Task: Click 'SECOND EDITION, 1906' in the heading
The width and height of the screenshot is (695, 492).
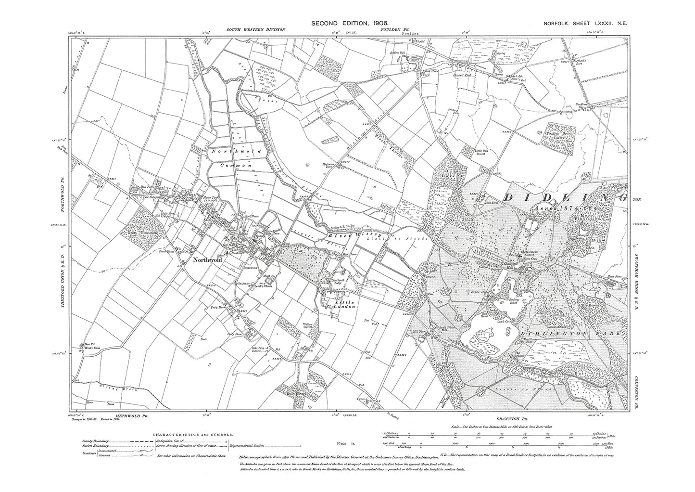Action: pos(350,23)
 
